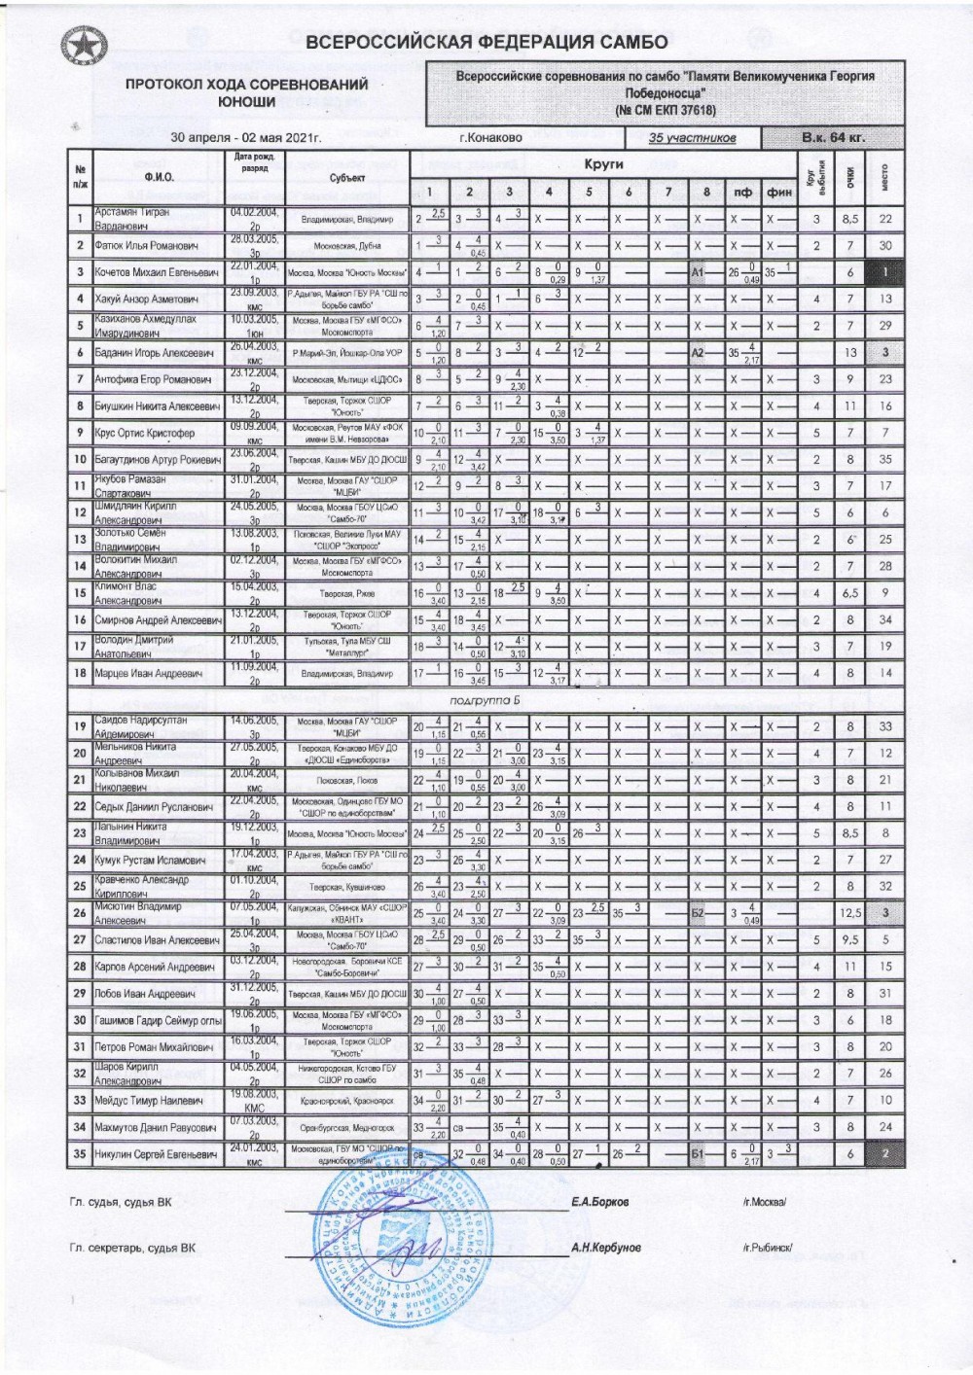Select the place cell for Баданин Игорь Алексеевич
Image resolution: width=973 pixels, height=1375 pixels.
(884, 353)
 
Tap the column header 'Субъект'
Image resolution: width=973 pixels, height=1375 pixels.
(346, 178)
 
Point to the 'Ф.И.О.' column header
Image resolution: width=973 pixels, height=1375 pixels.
(159, 177)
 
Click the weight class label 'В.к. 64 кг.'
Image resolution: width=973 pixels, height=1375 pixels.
(833, 137)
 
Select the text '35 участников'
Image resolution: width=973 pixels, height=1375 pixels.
(692, 138)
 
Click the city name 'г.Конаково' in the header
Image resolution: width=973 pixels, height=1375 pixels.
(490, 138)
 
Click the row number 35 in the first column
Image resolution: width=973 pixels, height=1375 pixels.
(80, 1154)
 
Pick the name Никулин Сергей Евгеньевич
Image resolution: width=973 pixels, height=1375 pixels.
(157, 1154)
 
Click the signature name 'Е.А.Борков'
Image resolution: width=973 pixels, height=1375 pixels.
(600, 1202)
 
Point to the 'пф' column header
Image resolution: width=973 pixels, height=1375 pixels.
(742, 193)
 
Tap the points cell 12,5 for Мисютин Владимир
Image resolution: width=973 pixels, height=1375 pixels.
(849, 913)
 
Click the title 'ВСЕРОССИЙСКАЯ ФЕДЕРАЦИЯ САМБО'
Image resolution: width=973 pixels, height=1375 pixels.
(486, 42)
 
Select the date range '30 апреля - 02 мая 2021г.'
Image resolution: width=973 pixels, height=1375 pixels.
(245, 138)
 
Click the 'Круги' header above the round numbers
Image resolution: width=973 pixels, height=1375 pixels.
(603, 164)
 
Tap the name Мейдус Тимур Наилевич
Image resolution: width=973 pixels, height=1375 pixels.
(149, 1101)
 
